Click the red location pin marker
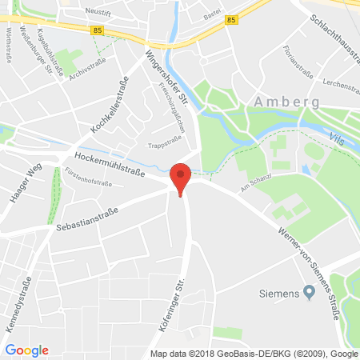click(x=182, y=178)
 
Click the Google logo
click(x=27, y=350)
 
